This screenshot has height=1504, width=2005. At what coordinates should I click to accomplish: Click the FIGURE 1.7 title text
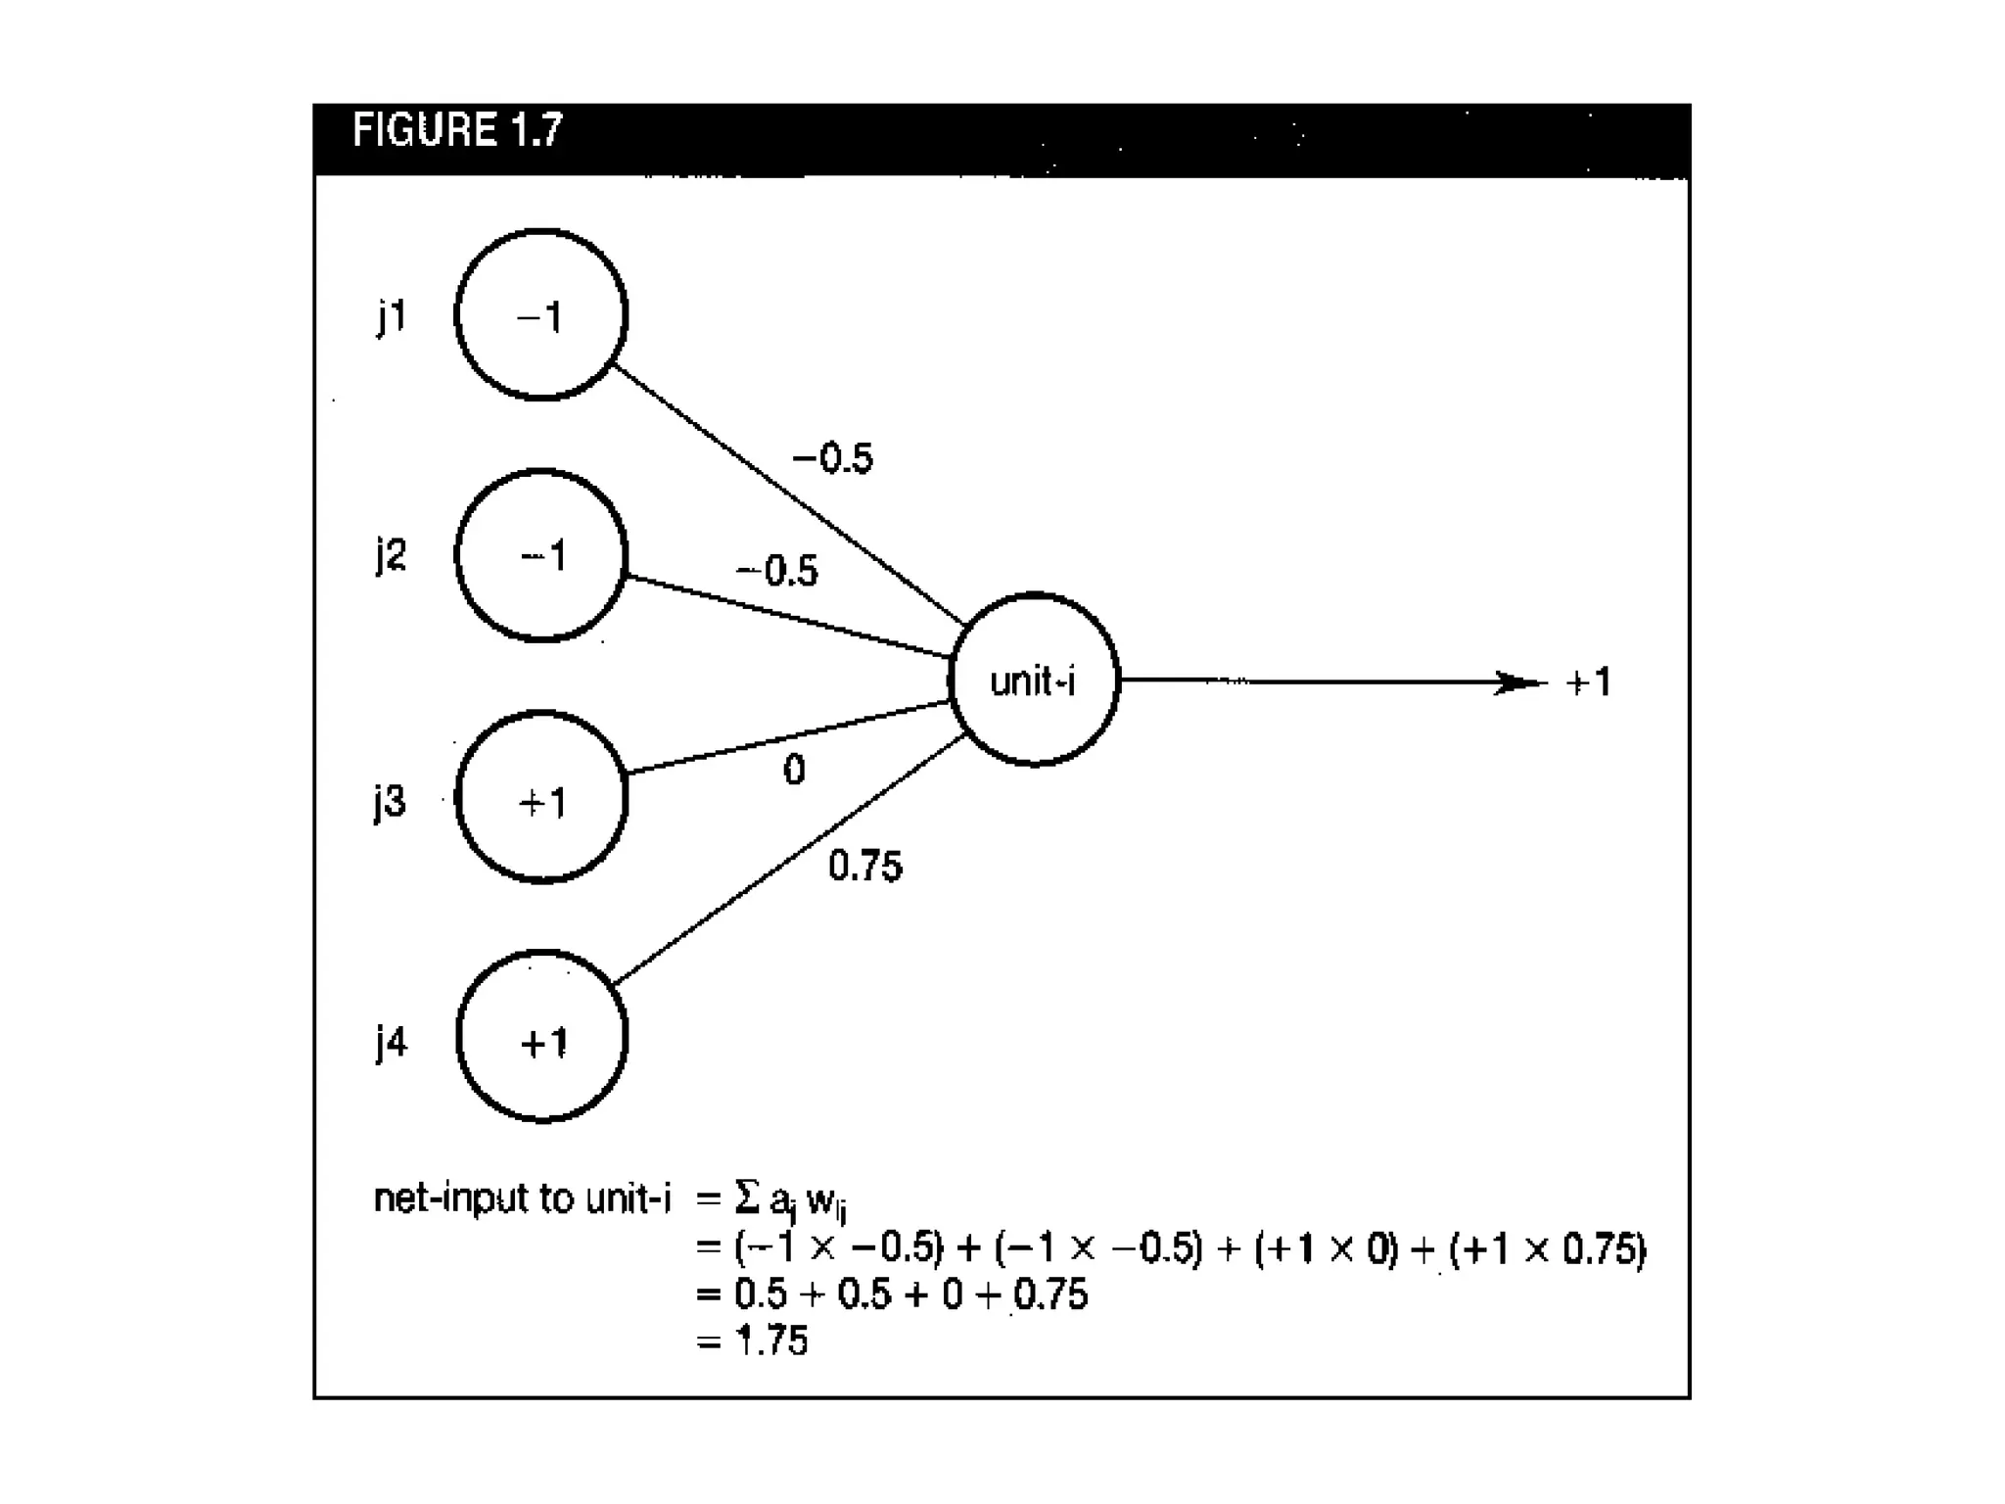tap(457, 130)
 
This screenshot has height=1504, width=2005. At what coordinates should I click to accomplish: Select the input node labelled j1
tap(541, 315)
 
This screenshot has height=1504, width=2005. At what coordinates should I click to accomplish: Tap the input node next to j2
tap(541, 556)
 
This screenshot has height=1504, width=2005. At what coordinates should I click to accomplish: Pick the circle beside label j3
tap(541, 798)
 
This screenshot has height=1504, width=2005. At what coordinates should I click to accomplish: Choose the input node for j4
tap(541, 1037)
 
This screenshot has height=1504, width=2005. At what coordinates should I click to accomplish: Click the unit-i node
tap(1034, 680)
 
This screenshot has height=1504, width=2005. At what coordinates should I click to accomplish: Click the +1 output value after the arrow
tap(1588, 682)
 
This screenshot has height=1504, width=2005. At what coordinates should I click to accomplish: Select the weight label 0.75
tap(864, 866)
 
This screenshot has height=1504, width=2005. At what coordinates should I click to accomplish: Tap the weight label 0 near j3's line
tap(794, 771)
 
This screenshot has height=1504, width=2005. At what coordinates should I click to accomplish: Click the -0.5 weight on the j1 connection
tap(833, 458)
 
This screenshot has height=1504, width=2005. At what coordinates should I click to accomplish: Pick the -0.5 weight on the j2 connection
tap(777, 571)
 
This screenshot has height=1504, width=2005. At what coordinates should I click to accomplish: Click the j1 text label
tap(392, 317)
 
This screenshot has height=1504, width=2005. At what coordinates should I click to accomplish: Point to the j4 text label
tap(392, 1043)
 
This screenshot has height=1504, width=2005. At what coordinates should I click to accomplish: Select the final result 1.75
tap(771, 1340)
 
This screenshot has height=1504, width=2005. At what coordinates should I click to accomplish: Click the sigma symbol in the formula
tap(746, 1197)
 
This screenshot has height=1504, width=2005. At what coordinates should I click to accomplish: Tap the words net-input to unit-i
tap(523, 1198)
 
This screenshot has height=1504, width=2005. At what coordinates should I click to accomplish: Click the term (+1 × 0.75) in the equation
tap(1548, 1249)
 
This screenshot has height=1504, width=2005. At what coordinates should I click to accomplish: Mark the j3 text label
tap(390, 802)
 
